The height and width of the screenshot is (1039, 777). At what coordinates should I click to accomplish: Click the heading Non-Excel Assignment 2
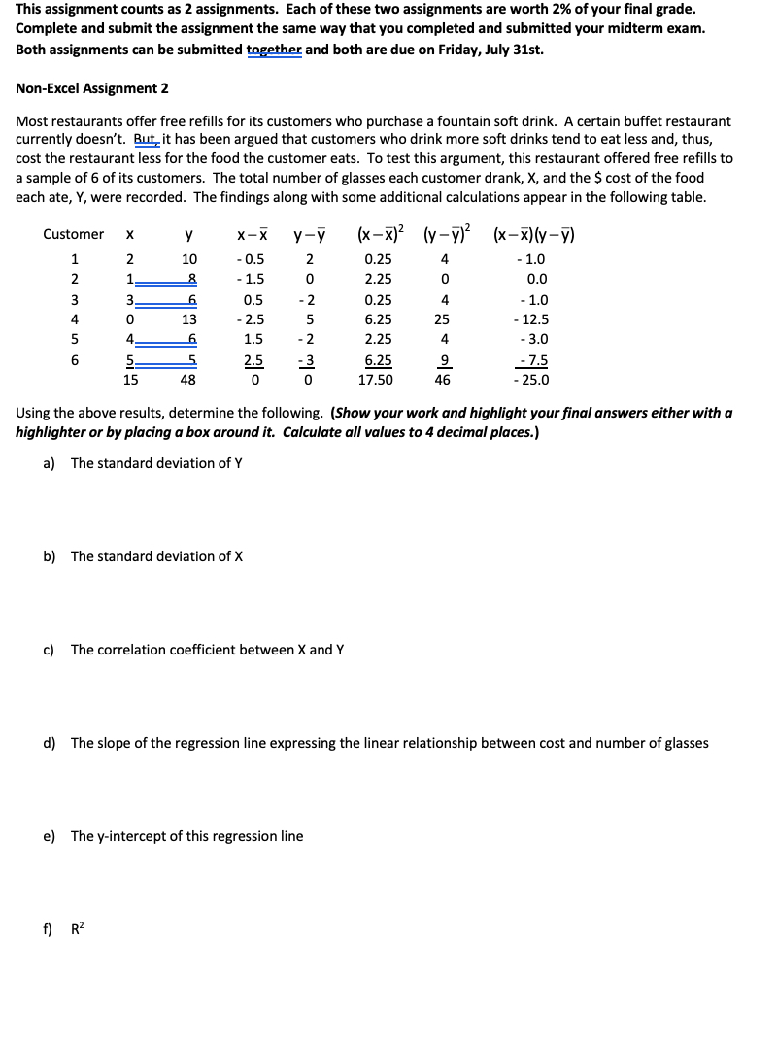click(x=92, y=88)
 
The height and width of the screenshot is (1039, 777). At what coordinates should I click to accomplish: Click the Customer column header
click(x=73, y=234)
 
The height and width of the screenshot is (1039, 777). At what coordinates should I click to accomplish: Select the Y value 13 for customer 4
click(x=189, y=319)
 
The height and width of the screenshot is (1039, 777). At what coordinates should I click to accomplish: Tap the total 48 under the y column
click(x=187, y=381)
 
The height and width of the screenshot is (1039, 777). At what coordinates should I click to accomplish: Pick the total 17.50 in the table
click(x=378, y=381)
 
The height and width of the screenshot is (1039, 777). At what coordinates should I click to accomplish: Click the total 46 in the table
click(x=443, y=381)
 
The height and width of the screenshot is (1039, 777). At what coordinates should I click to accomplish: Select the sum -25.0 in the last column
click(x=531, y=381)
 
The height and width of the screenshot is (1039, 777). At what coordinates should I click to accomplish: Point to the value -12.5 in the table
click(x=531, y=319)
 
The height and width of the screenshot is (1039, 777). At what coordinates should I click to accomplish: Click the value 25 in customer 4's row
click(x=443, y=319)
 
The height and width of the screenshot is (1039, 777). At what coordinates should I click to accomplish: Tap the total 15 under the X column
click(x=129, y=381)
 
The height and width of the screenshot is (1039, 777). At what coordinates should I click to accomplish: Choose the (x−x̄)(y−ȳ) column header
click(x=534, y=234)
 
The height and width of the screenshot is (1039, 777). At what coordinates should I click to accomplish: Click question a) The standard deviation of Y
click(x=155, y=463)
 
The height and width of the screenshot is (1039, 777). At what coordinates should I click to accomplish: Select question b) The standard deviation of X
click(x=155, y=556)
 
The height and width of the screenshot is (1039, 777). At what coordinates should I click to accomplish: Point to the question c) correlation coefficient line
click(x=206, y=650)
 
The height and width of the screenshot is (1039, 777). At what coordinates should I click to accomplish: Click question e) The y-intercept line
click(x=186, y=836)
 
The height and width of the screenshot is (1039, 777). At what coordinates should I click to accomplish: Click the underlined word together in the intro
click(x=275, y=48)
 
